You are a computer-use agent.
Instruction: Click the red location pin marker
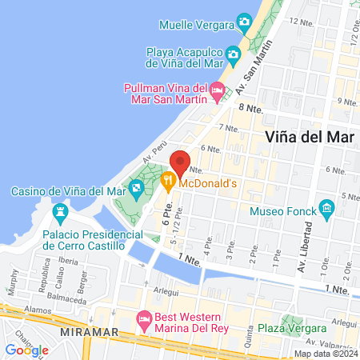pyautogui.click(x=180, y=162)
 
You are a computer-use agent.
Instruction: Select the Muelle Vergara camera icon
pyautogui.click(x=243, y=24)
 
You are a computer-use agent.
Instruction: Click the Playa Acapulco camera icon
pyautogui.click(x=234, y=55)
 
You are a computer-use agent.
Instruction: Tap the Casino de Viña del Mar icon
pyautogui.click(x=136, y=190)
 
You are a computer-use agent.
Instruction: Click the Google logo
pyautogui.click(x=26, y=350)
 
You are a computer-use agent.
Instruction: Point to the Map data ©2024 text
pyautogui.click(x=325, y=354)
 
